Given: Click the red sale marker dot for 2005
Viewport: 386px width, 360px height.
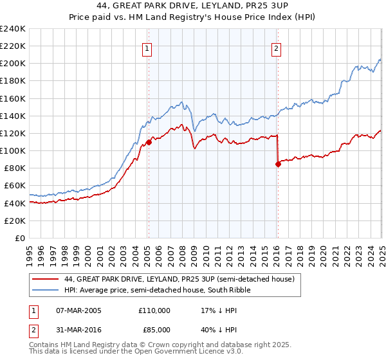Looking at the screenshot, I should pos(149,142).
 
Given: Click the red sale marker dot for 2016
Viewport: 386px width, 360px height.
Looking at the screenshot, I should pos(278,164).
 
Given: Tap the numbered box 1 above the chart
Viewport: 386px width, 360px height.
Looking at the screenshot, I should pos(147,48).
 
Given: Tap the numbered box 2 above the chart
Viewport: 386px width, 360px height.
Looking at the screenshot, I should pos(276,48).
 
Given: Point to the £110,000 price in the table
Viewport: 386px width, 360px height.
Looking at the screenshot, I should pos(154,310).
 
